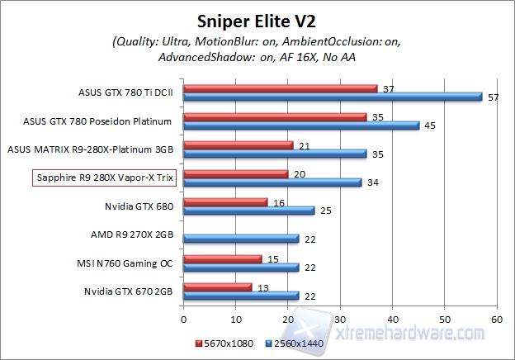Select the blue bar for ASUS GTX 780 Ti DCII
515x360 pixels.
pos(333,97)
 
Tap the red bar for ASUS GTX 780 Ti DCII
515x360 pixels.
pos(280,88)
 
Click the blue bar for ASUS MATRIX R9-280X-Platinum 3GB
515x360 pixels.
pos(275,154)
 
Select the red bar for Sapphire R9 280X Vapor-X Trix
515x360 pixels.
pos(235,174)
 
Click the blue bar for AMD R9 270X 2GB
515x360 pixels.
pos(241,239)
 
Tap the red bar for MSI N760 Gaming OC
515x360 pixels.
pos(222,259)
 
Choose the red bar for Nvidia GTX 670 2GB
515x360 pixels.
pos(217,287)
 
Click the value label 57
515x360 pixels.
pos(493,97)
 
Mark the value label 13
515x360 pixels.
pos(262,287)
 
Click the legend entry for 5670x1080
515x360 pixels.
pos(223,340)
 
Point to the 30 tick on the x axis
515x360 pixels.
pos(340,317)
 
